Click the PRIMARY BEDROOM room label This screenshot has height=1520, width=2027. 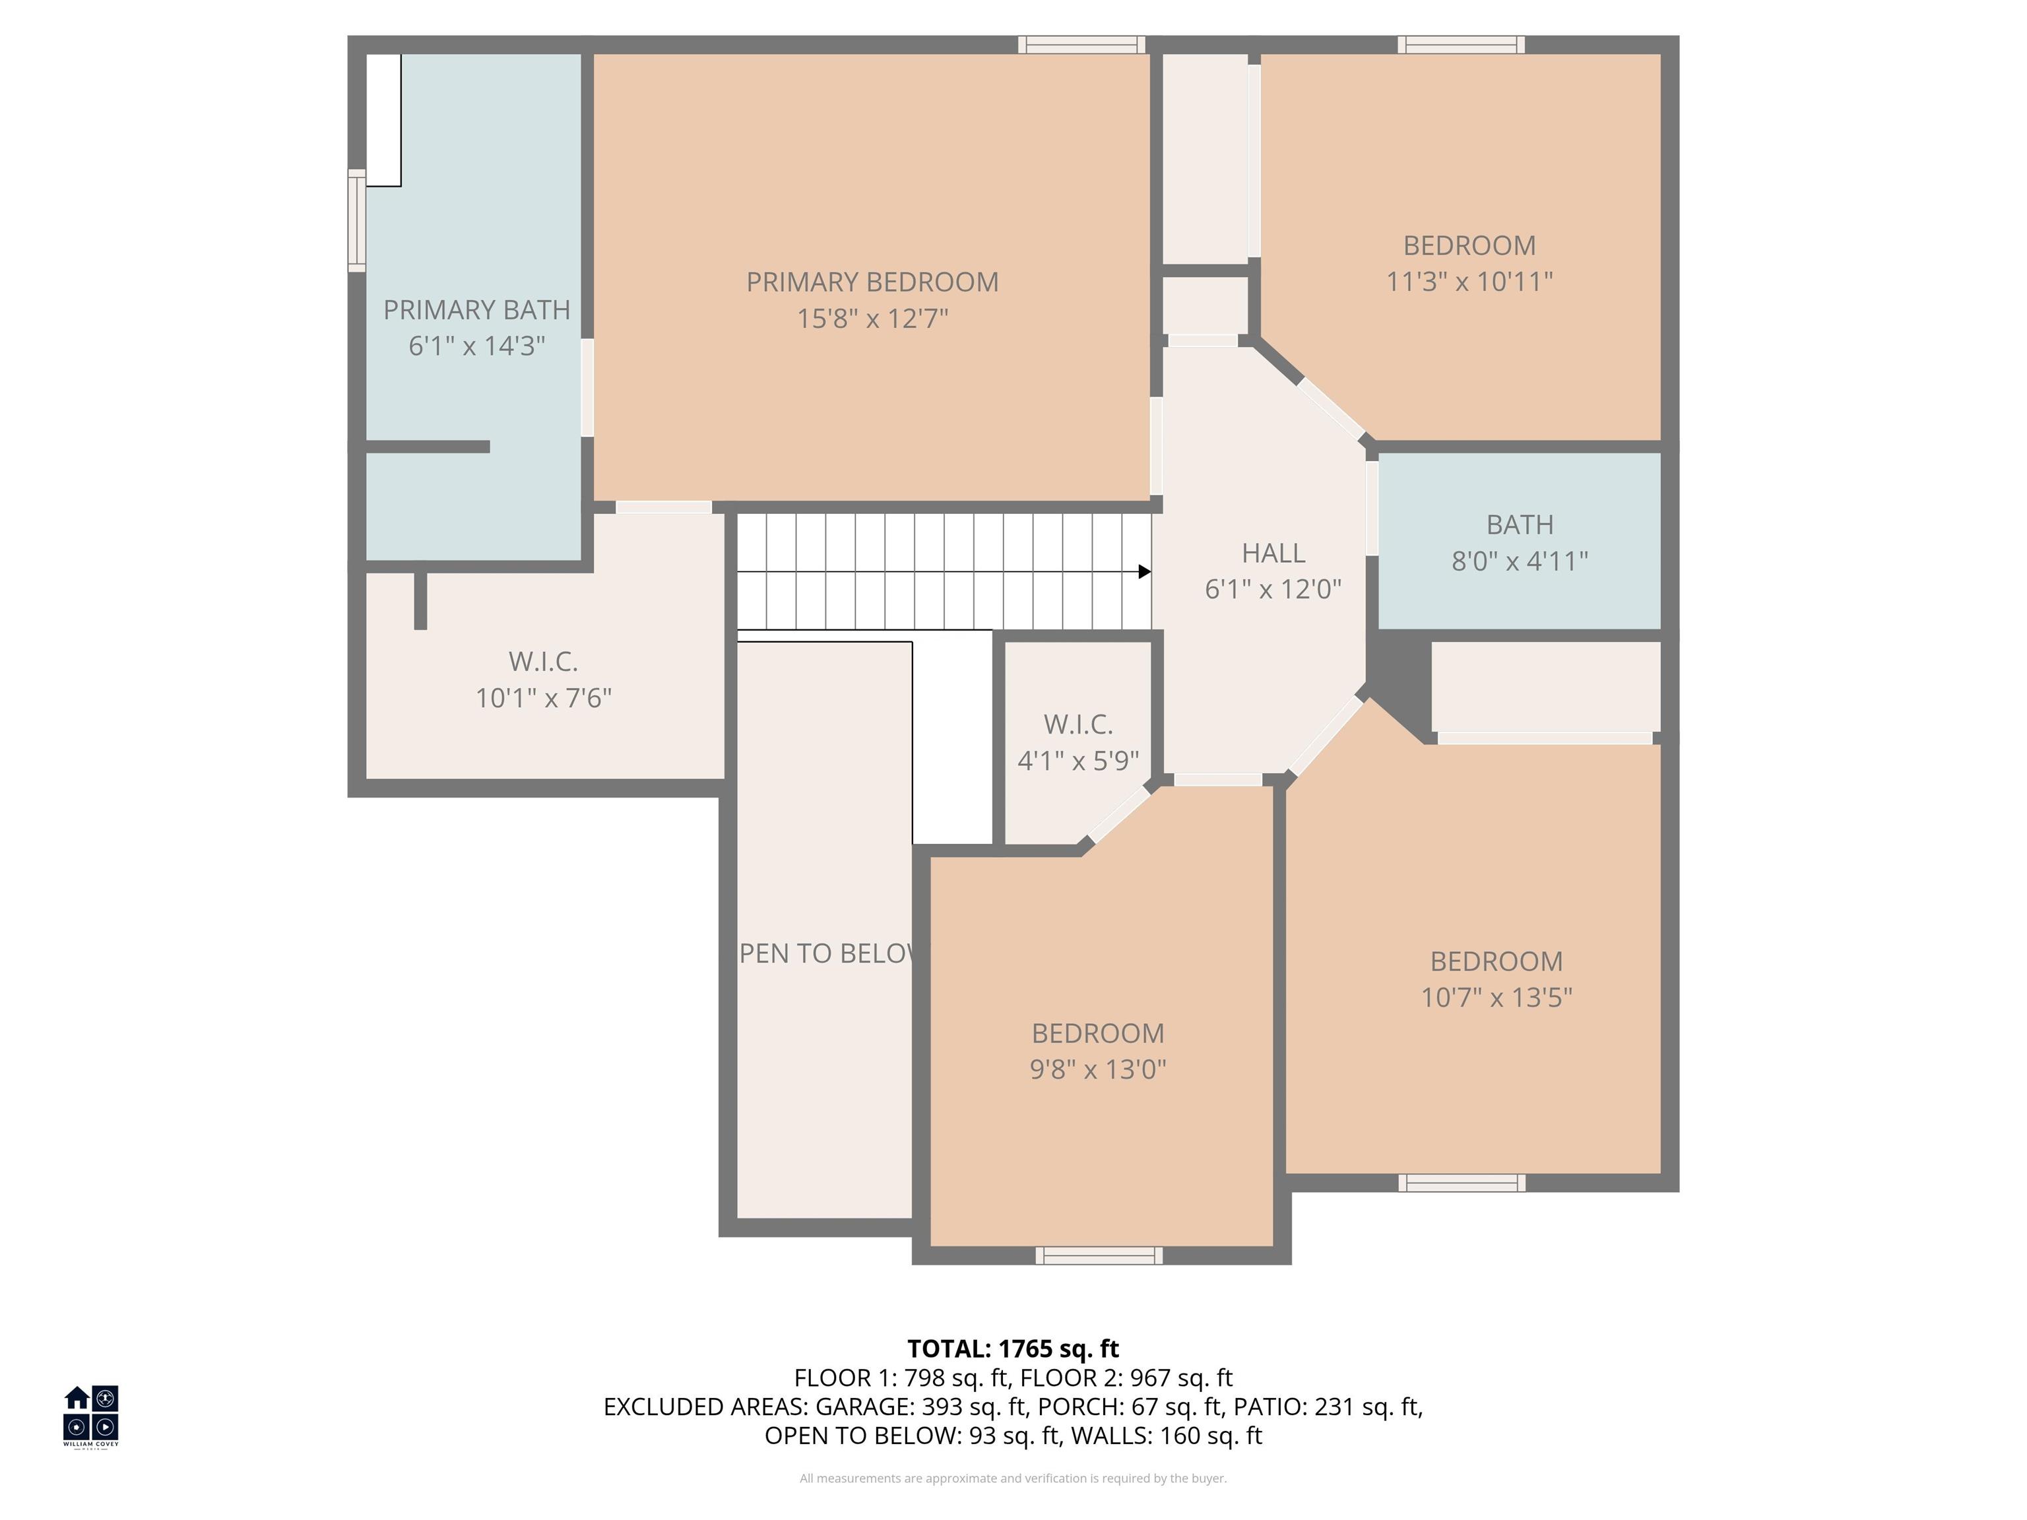(x=872, y=282)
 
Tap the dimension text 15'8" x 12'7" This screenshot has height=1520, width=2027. (x=872, y=319)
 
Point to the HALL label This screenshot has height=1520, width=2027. (x=1273, y=554)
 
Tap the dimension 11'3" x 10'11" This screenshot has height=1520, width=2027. (x=1469, y=281)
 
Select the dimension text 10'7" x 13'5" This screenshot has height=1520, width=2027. (x=1496, y=997)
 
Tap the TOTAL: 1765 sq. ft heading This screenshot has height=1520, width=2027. (x=1013, y=1348)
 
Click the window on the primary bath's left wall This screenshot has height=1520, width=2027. (x=356, y=220)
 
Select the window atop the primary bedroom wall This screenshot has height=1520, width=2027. (x=1081, y=45)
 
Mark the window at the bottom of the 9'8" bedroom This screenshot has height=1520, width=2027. (x=1099, y=1256)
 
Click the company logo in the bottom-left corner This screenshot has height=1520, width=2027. (x=90, y=1416)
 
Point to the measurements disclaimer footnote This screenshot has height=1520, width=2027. (x=1013, y=1478)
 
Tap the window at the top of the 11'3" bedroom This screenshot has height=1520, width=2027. (x=1461, y=45)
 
